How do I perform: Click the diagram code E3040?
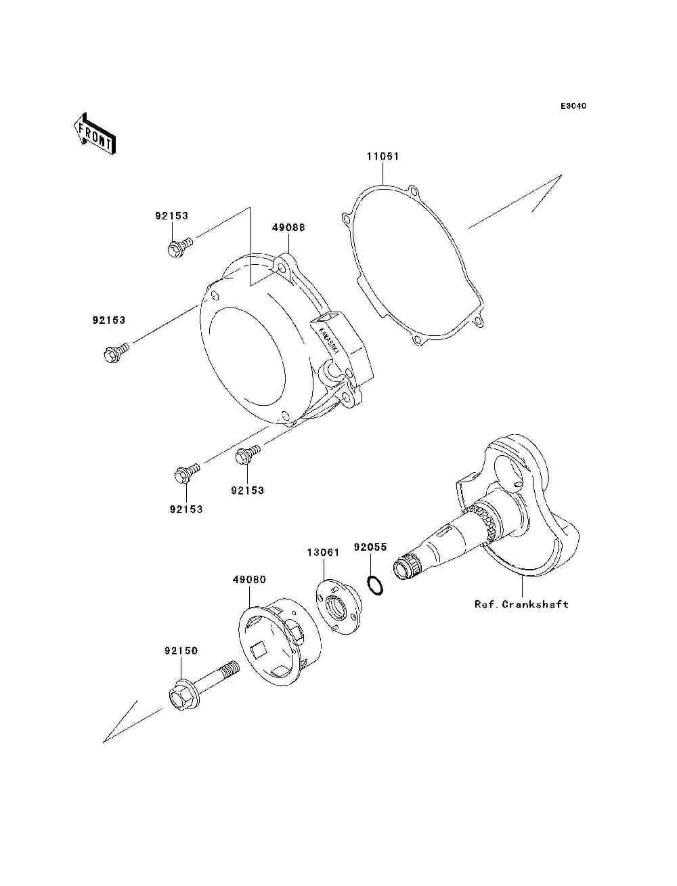[x=573, y=106]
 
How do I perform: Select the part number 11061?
[x=383, y=156]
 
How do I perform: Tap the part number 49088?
[x=288, y=228]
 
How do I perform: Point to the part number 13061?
[x=323, y=553]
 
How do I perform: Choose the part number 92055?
[x=370, y=547]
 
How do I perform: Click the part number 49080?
[x=249, y=580]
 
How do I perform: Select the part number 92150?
[x=181, y=651]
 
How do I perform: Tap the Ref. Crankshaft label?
[x=521, y=604]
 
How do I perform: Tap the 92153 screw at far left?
[x=116, y=353]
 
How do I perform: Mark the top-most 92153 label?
[x=171, y=216]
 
